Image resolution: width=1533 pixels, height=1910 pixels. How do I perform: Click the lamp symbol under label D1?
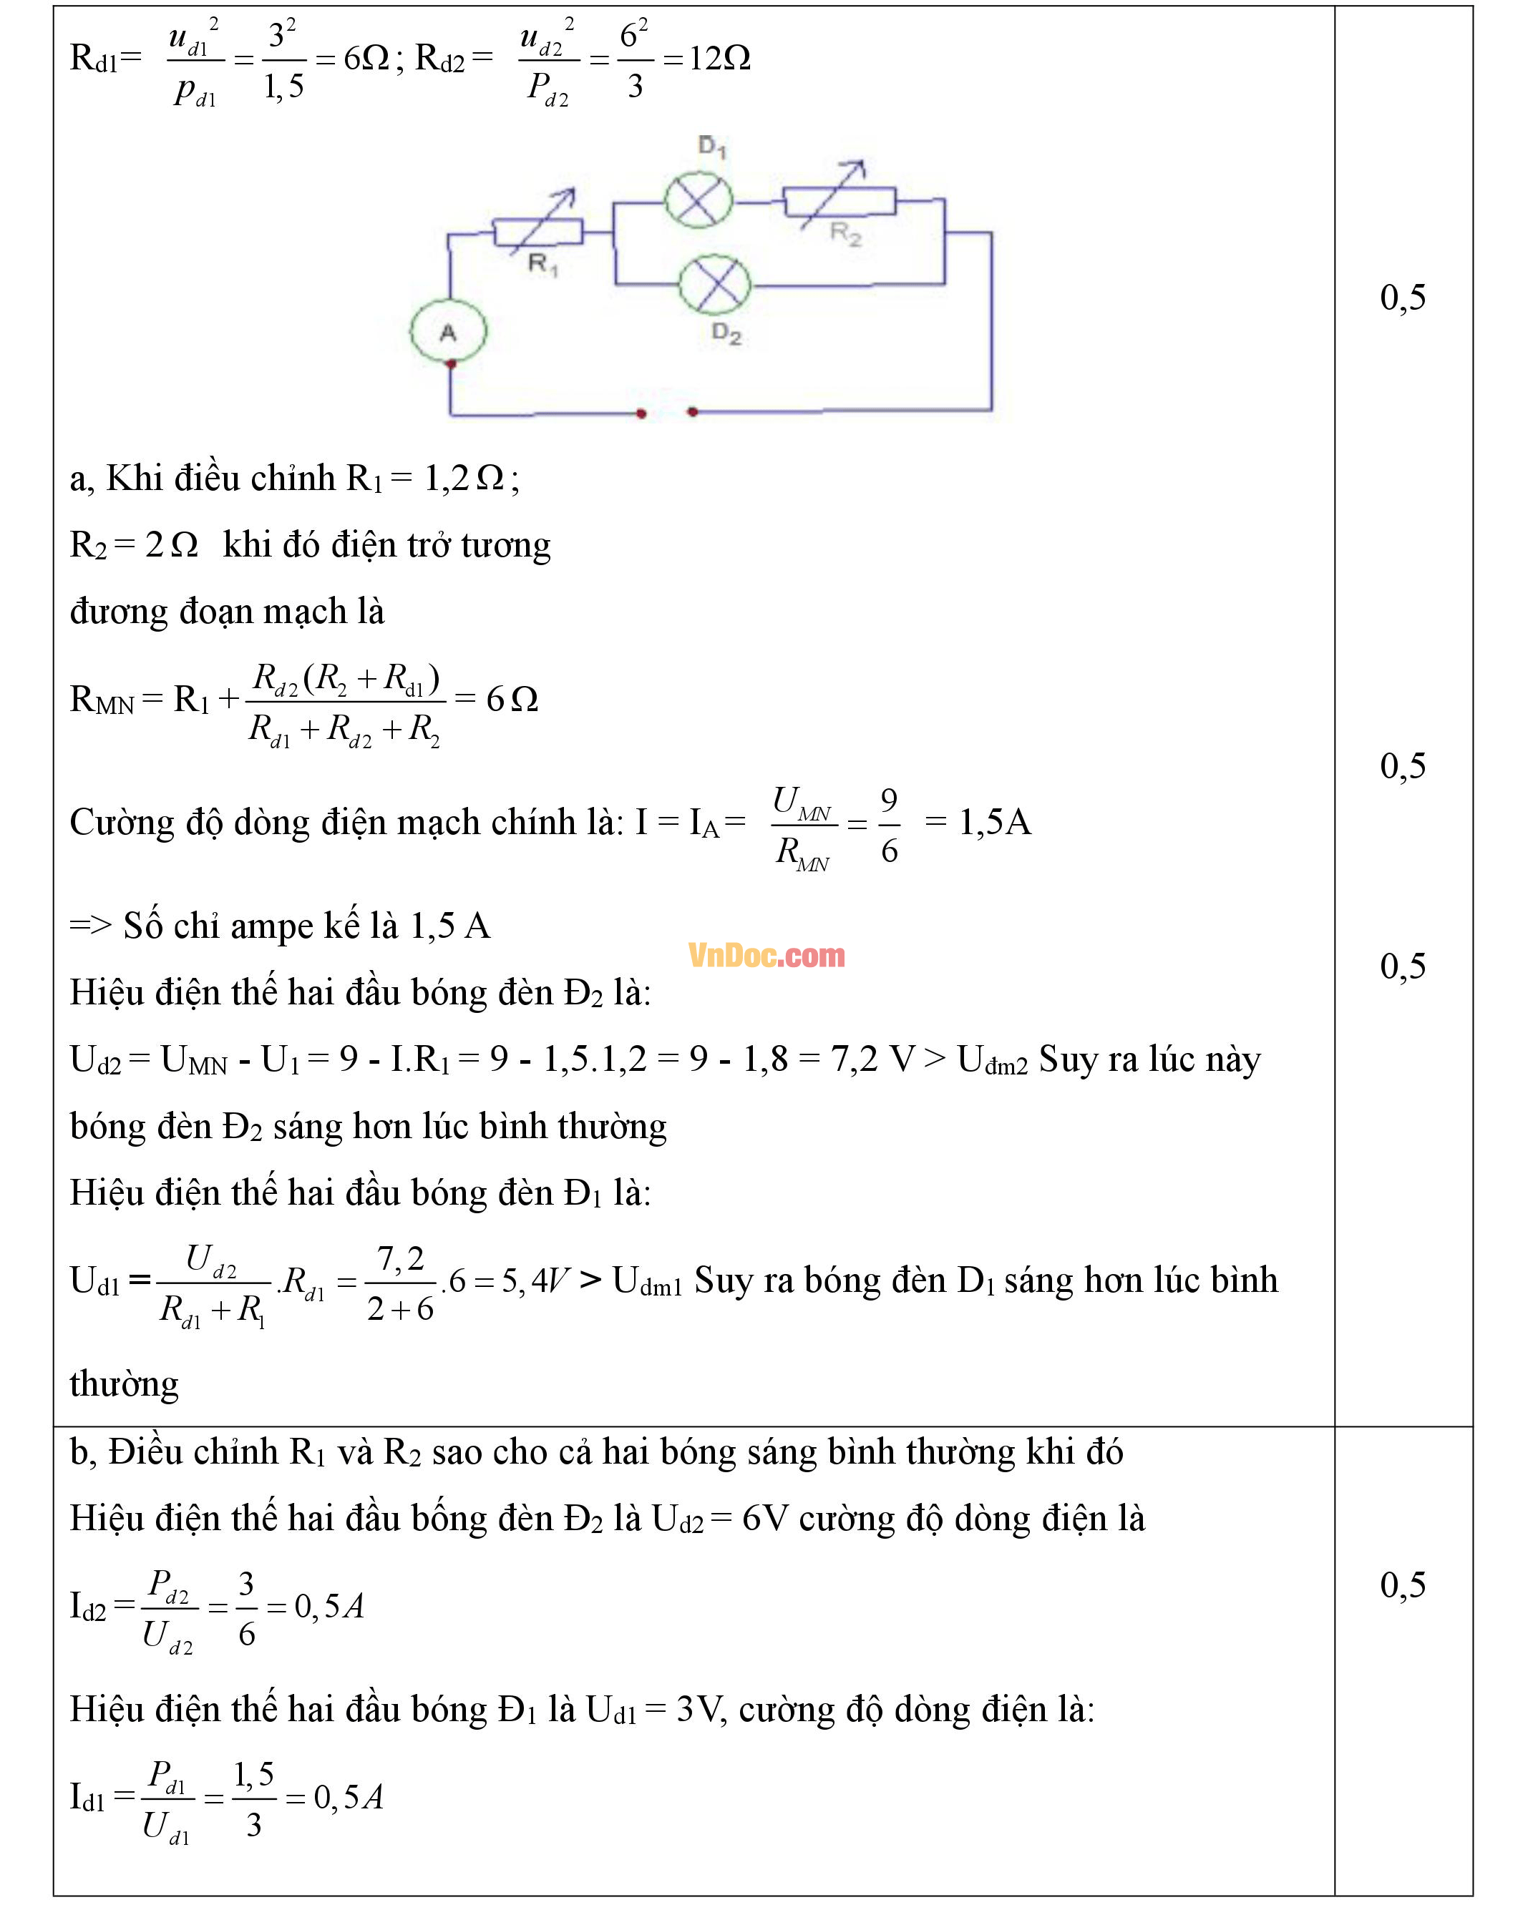pos(699,201)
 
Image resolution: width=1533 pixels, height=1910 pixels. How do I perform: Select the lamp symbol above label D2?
pos(714,285)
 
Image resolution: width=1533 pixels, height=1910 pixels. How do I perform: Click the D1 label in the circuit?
pos(711,146)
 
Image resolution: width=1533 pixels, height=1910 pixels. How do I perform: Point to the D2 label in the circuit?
pos(726,334)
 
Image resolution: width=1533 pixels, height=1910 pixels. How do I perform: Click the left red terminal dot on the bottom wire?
pos(641,413)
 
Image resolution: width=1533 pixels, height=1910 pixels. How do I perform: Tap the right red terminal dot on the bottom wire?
pos(693,412)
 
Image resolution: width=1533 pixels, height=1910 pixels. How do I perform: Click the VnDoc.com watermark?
pos(766,955)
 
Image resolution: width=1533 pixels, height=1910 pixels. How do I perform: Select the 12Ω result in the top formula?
pos(719,59)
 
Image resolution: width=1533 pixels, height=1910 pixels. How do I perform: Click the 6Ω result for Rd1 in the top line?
pos(366,59)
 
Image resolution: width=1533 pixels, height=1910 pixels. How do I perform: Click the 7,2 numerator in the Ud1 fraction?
pos(401,1258)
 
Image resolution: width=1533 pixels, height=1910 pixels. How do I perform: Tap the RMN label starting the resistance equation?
pos(101,700)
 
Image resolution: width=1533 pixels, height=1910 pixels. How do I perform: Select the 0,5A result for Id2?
pos(328,1606)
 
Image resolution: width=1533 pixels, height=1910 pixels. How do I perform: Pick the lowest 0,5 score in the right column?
pos(1403,1585)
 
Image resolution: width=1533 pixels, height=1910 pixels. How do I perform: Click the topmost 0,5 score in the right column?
pos(1403,298)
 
